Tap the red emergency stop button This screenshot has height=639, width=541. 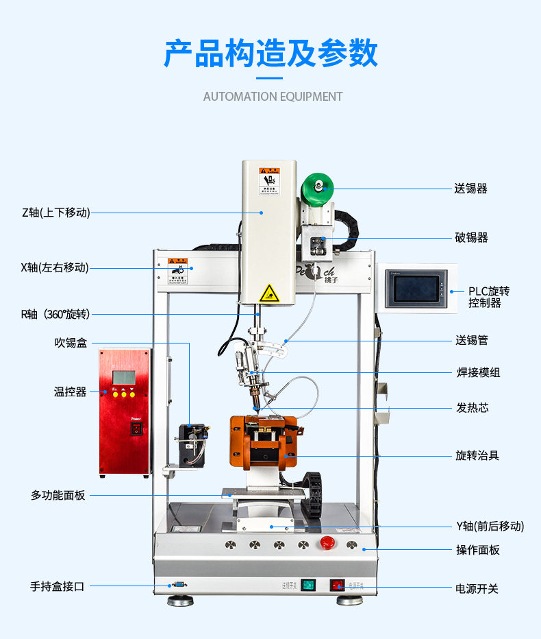tap(327, 544)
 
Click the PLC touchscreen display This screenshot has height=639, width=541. tap(416, 289)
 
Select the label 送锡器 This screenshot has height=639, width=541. tap(471, 189)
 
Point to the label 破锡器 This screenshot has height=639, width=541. tap(471, 238)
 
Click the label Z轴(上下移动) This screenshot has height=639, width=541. tap(55, 213)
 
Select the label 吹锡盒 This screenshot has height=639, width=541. tap(71, 343)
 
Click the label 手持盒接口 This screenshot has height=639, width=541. tap(57, 586)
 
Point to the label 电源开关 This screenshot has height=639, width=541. tap(477, 589)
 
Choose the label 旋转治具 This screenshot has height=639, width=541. tap(477, 455)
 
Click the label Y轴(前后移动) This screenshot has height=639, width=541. tap(490, 526)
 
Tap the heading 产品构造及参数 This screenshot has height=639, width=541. tap(270, 53)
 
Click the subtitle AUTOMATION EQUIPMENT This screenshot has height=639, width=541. tap(273, 97)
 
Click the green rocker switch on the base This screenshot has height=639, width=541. tap(308, 585)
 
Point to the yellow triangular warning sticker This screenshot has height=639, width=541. tap(269, 293)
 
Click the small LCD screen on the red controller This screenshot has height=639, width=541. tap(124, 377)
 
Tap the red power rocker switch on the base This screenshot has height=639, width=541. tap(337, 585)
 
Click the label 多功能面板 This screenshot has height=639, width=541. tap(58, 495)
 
